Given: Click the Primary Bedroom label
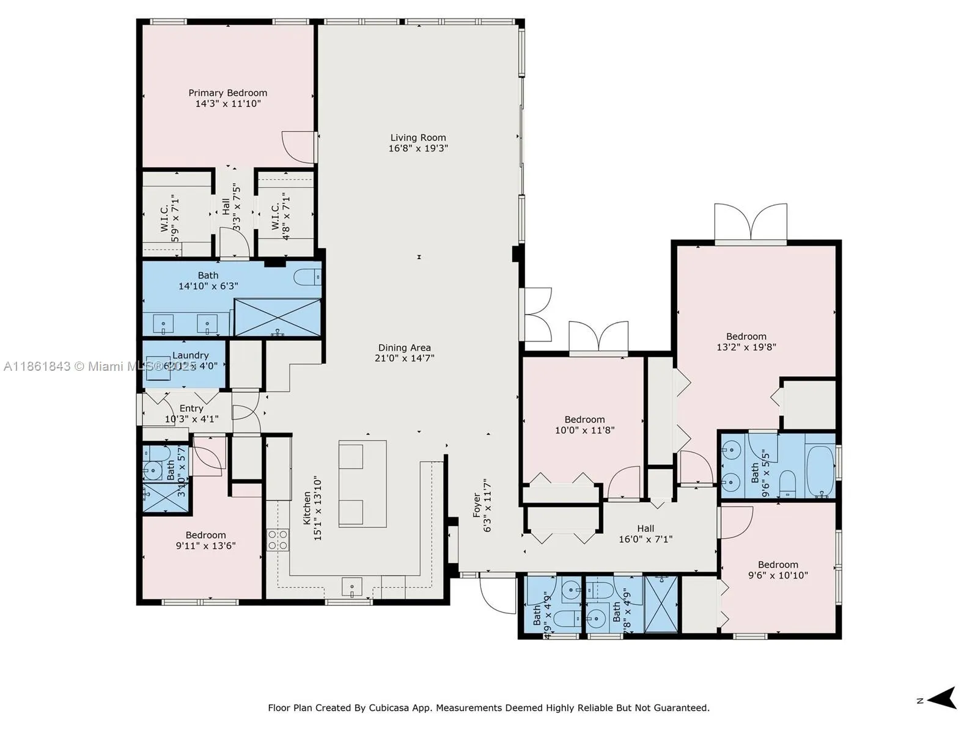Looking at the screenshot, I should click(x=227, y=93).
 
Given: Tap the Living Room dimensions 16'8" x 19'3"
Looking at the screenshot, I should click(x=418, y=148).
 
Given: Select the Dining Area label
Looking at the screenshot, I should click(x=404, y=348).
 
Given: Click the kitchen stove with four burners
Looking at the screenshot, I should click(x=278, y=540).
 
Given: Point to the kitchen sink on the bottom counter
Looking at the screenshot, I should click(x=351, y=587).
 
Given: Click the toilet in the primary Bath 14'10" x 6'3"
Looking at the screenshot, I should click(x=307, y=277).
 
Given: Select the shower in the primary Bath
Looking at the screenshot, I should click(x=278, y=317).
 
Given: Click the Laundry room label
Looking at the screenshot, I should click(x=190, y=355).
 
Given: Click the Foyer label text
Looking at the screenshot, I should click(x=477, y=506).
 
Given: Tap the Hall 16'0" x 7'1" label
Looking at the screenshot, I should click(x=645, y=528).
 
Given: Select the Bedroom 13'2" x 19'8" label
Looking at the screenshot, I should click(x=746, y=337).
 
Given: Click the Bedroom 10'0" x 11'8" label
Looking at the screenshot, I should click(x=584, y=420).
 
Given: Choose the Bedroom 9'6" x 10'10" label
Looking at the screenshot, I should click(x=778, y=565).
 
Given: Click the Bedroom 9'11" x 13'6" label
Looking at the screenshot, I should click(x=205, y=535).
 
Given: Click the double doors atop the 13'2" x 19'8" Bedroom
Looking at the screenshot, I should click(x=751, y=224).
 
